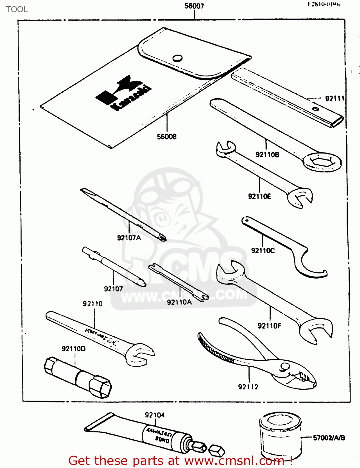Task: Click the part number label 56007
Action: [x=194, y=6]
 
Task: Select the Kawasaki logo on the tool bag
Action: [x=123, y=93]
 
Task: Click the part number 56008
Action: [x=167, y=137]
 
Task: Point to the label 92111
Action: [x=334, y=99]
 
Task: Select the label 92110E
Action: [x=260, y=196]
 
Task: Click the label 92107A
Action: [x=129, y=238]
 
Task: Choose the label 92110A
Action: [x=179, y=302]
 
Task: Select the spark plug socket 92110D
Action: [x=78, y=378]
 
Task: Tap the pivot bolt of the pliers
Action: [x=284, y=366]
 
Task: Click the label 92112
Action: [x=248, y=387]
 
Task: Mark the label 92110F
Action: [x=269, y=326]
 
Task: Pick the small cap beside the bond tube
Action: [x=216, y=450]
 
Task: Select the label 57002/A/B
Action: [x=329, y=438]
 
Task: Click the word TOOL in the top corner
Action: [x=17, y=9]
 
